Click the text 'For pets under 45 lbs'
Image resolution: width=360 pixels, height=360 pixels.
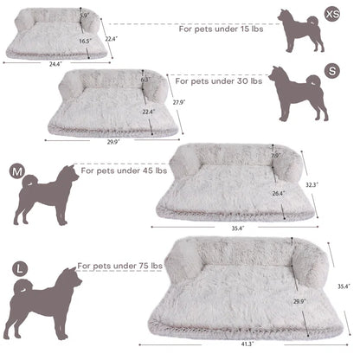tap(120, 171)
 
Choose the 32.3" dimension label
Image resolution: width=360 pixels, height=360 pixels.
tap(312, 185)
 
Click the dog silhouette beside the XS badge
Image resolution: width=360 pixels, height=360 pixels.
tap(299, 31)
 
